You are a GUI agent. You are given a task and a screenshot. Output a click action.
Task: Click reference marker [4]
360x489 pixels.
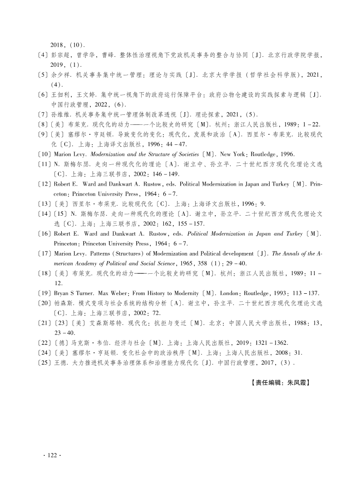coord(44,55)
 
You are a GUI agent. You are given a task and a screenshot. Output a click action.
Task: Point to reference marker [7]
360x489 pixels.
coord(44,114)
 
